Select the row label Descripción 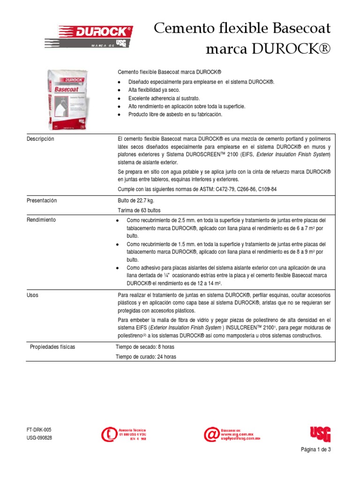[x=40, y=139]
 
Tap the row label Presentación [x=42, y=201]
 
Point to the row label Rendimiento [x=41, y=220]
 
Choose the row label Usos [x=32, y=295]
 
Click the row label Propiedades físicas [x=52, y=347]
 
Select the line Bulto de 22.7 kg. [x=136, y=201]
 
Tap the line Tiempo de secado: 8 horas [x=146, y=347]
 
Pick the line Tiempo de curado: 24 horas [x=146, y=357]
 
